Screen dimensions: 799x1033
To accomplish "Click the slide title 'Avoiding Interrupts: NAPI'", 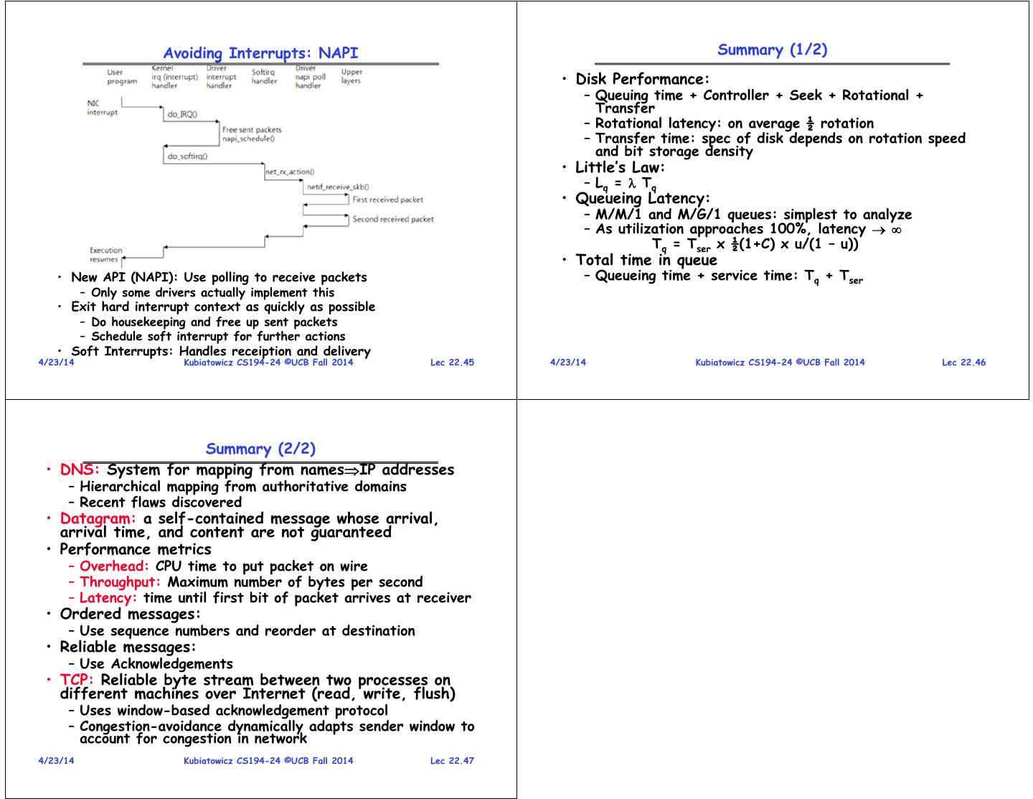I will coord(260,53).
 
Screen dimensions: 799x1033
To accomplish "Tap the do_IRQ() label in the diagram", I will coord(182,114).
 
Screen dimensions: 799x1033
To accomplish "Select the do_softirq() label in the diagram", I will coord(187,156).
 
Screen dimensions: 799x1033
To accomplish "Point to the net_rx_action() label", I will coord(289,172).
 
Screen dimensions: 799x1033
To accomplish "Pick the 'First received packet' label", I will coord(387,200).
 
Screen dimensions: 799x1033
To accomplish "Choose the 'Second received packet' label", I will coord(392,219).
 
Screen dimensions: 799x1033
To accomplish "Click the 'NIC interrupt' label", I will coord(102,108).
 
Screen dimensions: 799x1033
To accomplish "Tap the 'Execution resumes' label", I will coord(105,255).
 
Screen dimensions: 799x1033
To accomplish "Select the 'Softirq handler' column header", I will coord(263,76).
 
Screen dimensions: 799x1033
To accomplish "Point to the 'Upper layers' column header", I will coord(352,76).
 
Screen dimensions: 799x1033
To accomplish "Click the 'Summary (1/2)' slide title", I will coord(772,50).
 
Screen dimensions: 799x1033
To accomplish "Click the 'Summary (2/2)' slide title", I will coord(260,449).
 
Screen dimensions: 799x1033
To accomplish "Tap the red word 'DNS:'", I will coord(80,470).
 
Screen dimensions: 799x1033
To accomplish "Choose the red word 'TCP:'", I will coord(77,680).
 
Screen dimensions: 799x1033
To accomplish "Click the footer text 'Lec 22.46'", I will coord(963,363).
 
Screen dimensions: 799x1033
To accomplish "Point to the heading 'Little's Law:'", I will coord(621,167).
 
